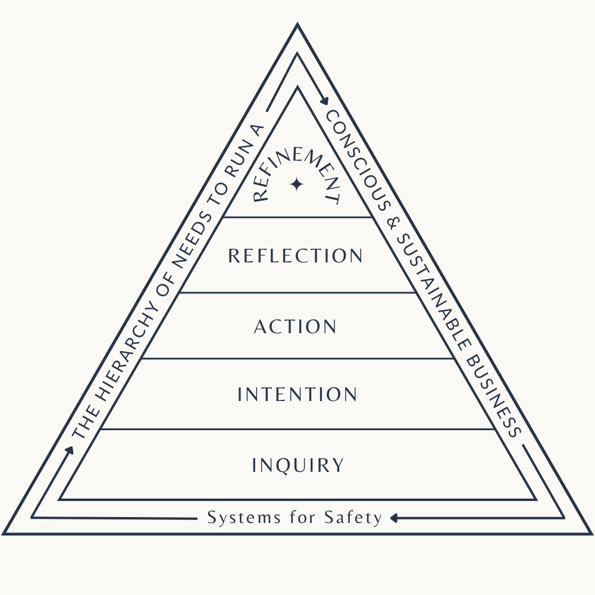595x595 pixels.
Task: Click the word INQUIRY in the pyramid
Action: (297, 465)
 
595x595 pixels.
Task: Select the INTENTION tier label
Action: (297, 394)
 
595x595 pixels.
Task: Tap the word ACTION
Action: (295, 327)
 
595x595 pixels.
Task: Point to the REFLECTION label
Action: (295, 256)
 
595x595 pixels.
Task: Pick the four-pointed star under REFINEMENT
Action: (296, 185)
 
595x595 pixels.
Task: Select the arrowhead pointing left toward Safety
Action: (394, 518)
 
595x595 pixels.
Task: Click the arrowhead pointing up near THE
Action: (70, 449)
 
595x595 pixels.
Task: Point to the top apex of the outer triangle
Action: (297, 25)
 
